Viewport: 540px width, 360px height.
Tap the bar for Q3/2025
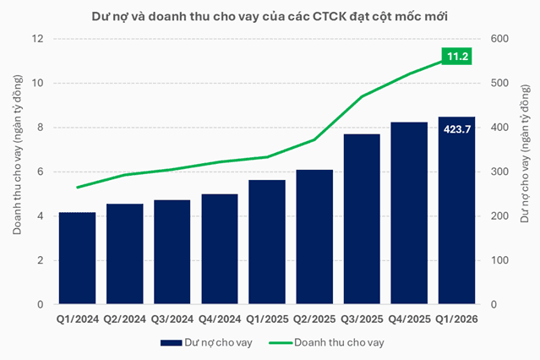(x=361, y=219)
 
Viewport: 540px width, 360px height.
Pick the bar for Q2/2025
(x=314, y=237)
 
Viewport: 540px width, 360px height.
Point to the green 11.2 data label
(x=456, y=57)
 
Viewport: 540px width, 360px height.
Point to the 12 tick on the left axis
(x=38, y=39)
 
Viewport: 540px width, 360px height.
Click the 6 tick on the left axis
(x=41, y=172)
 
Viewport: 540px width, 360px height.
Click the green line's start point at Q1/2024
(x=77, y=188)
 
